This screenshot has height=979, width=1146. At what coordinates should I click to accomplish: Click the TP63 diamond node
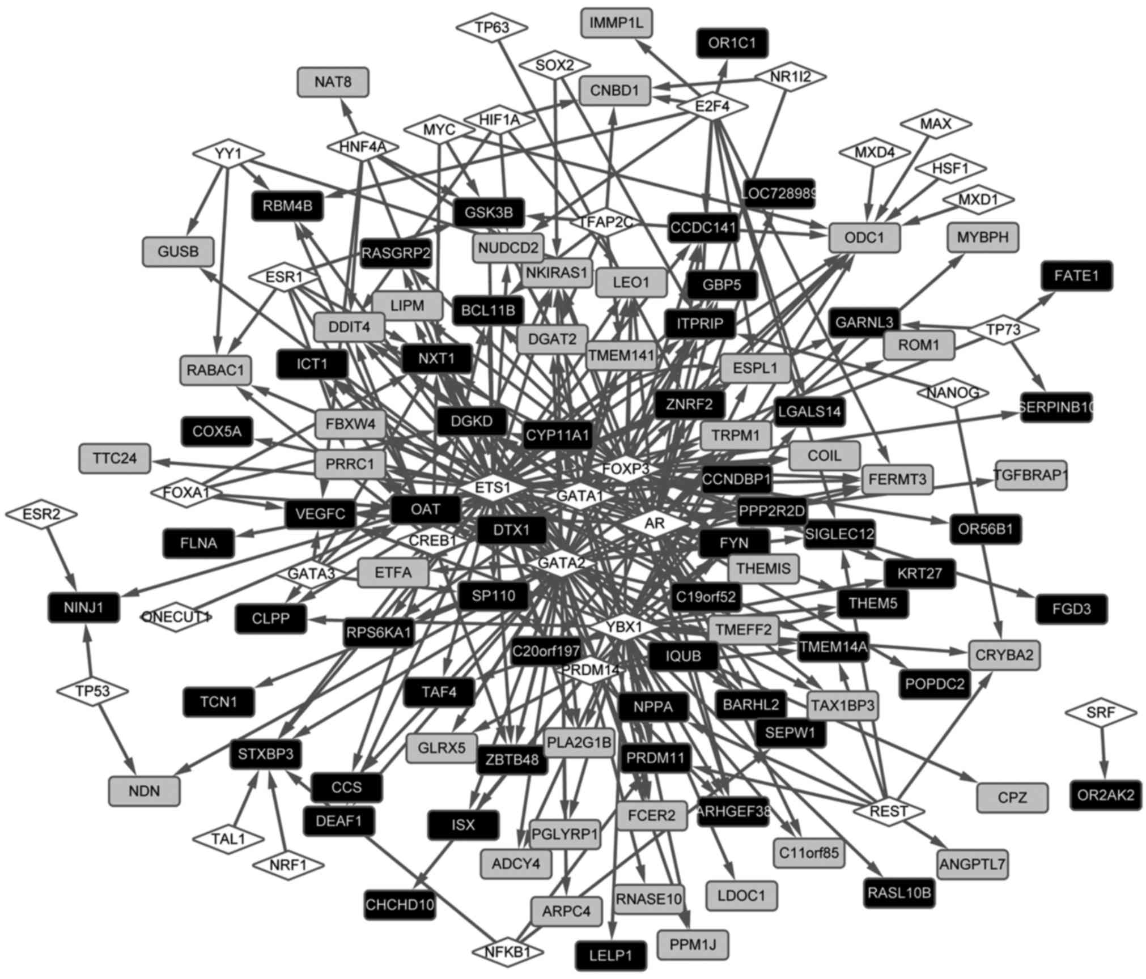tap(492, 27)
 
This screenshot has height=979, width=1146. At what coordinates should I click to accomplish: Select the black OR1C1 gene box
tap(732, 43)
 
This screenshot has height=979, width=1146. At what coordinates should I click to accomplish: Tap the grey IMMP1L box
tap(616, 23)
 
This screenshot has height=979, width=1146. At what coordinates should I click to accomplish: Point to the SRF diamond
tap(1101, 713)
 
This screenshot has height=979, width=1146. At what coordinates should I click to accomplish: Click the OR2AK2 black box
tap(1106, 795)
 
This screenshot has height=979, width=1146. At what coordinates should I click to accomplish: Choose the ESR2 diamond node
tap(41, 514)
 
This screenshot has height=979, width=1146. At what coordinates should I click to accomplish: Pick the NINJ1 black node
tap(84, 608)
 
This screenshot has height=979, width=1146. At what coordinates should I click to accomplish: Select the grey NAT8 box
tap(333, 82)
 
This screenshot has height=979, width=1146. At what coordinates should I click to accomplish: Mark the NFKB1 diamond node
tap(507, 952)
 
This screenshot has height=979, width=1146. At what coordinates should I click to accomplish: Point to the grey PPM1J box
tap(693, 944)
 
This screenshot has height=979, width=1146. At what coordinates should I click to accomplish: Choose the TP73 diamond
tap(1003, 329)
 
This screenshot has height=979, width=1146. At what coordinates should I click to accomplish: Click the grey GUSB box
tap(178, 252)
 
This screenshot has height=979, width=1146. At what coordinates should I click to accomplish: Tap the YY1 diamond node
tap(228, 154)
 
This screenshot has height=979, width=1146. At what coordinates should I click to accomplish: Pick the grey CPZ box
tap(1012, 798)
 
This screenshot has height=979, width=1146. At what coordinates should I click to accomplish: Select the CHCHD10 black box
tap(400, 905)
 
